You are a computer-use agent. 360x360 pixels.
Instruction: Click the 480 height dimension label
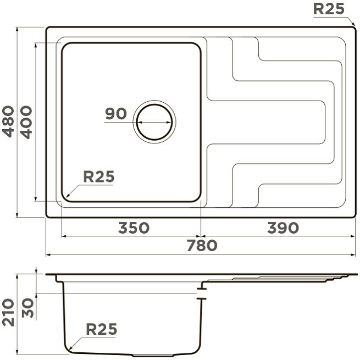tap(8, 121)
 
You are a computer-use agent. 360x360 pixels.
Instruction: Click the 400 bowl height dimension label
tap(26, 122)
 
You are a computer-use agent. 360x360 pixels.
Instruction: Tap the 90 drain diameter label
tap(116, 113)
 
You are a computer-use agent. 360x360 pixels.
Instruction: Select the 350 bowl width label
tap(134, 228)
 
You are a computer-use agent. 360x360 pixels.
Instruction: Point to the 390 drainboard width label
tap(283, 228)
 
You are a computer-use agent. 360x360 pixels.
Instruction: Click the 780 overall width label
tap(202, 245)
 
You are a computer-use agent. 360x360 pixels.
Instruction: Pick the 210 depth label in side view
tap(8, 312)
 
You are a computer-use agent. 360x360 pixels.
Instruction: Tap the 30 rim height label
tap(28, 308)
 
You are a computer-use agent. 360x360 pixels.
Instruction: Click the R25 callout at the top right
tap(329, 9)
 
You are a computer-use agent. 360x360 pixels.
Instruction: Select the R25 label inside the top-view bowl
tap(99, 176)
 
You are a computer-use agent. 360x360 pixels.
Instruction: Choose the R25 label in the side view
tap(102, 329)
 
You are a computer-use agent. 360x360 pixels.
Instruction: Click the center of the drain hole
tap(154, 122)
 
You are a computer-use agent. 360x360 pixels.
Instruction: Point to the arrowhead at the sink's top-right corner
tap(353, 24)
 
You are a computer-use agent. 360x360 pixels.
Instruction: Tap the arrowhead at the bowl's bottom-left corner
tap(68, 196)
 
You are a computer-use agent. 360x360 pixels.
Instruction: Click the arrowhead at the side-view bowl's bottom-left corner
tap(71, 347)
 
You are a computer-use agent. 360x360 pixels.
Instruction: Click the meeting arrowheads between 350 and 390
tap(201, 236)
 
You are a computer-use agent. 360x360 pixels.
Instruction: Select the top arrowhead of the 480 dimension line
tap(17, 30)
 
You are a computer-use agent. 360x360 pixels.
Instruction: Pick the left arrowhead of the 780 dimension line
tap(48, 254)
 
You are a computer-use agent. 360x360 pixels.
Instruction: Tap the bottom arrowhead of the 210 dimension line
tap(17, 352)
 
